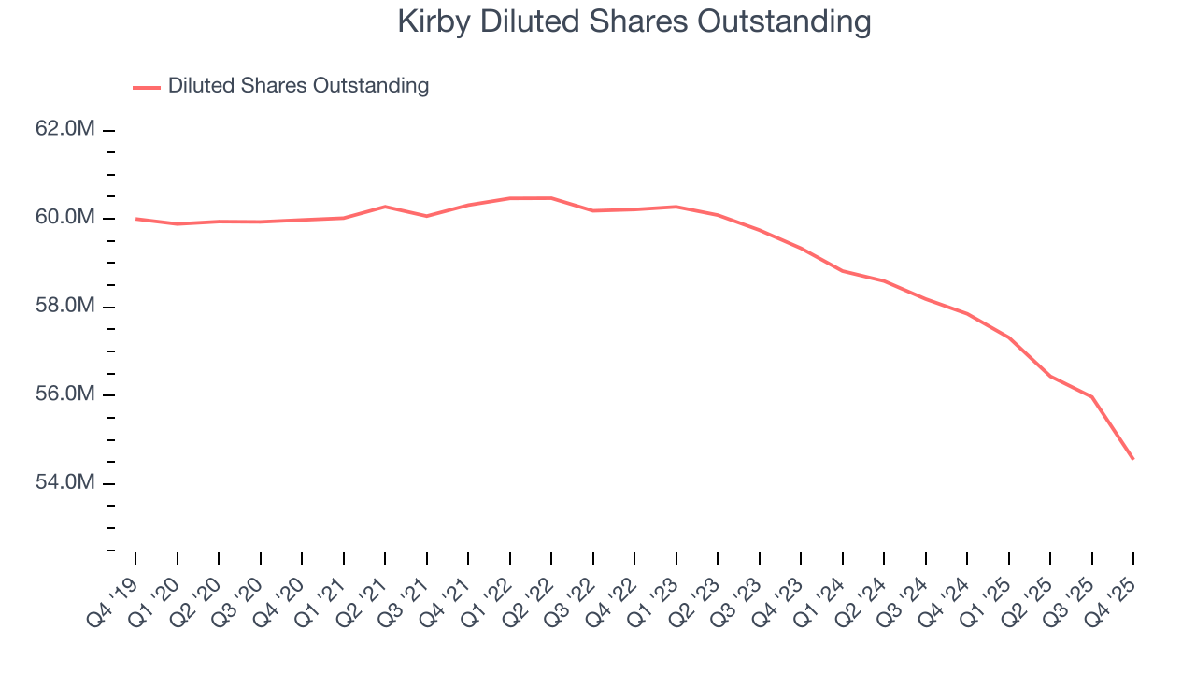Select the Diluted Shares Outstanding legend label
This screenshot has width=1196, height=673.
click(x=298, y=86)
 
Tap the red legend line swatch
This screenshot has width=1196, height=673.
click(x=147, y=87)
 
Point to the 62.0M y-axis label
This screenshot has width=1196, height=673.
click(x=65, y=129)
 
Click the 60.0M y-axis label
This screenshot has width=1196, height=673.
click(x=65, y=218)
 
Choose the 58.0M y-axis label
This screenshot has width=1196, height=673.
click(x=65, y=307)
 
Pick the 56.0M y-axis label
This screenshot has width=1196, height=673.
click(x=65, y=394)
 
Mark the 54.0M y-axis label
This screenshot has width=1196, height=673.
click(x=65, y=483)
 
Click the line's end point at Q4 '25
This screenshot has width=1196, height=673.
click(x=1133, y=459)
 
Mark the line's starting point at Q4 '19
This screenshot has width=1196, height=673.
click(x=136, y=219)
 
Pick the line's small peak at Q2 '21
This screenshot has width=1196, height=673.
click(x=385, y=207)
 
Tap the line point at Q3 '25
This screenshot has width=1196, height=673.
click(x=1092, y=397)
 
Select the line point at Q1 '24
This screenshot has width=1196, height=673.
click(x=843, y=271)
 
